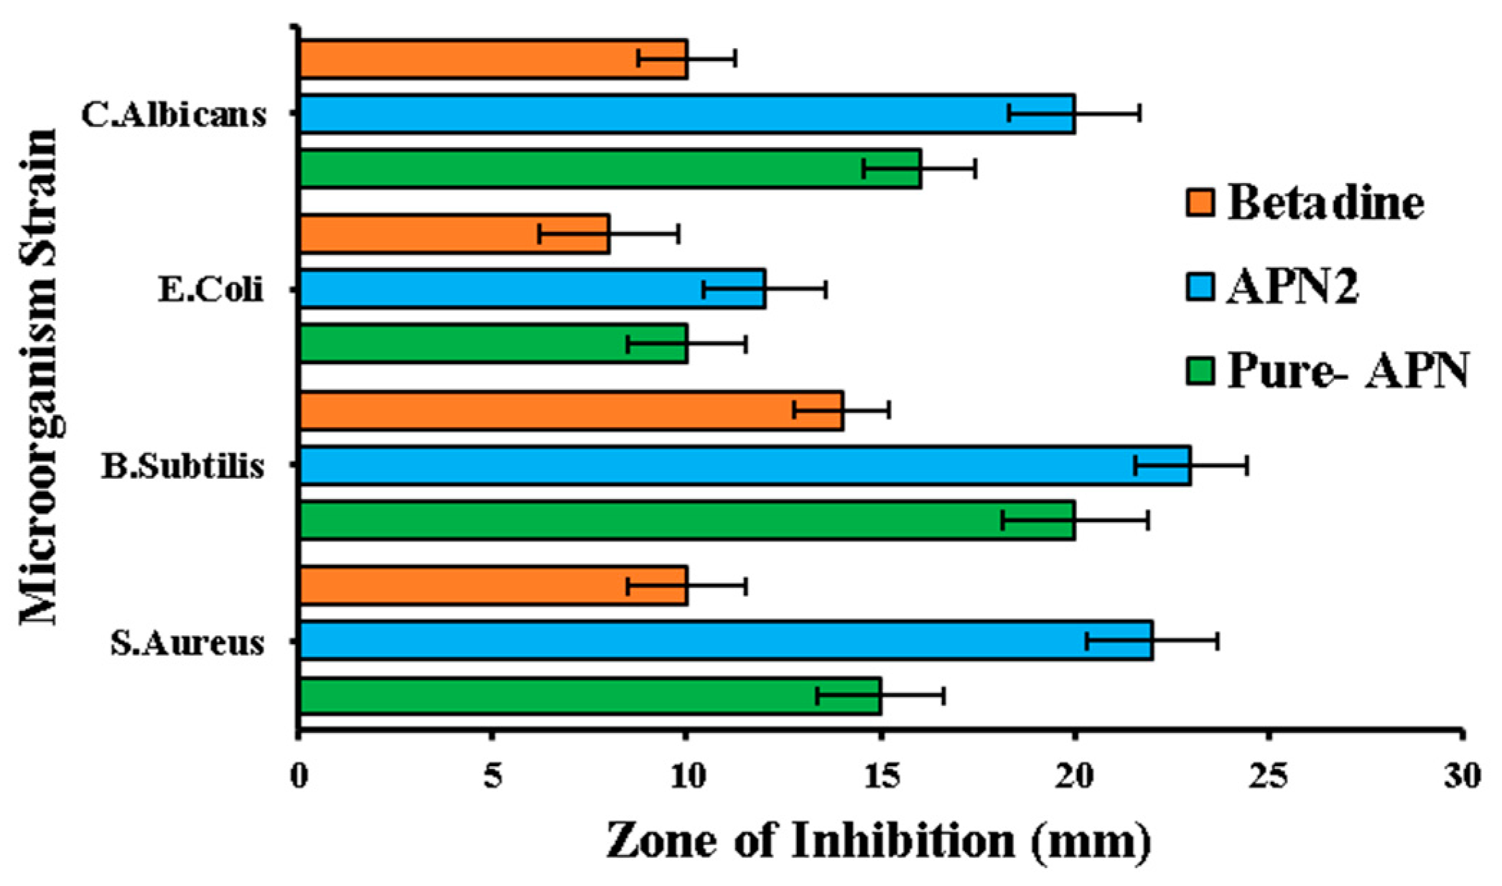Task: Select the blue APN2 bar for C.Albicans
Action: point(646,113)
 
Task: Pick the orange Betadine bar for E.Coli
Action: point(431,233)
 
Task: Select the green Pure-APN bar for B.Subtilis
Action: point(646,520)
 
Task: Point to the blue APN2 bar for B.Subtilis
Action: point(718,465)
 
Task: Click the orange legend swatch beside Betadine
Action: point(1199,202)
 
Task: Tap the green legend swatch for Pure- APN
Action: point(1199,371)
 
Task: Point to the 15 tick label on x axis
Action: point(880,776)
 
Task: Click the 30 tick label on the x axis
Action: point(1462,776)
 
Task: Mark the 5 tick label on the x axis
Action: point(492,776)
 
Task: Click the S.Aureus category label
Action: point(187,643)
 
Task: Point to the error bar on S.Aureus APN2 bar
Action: point(1152,641)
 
